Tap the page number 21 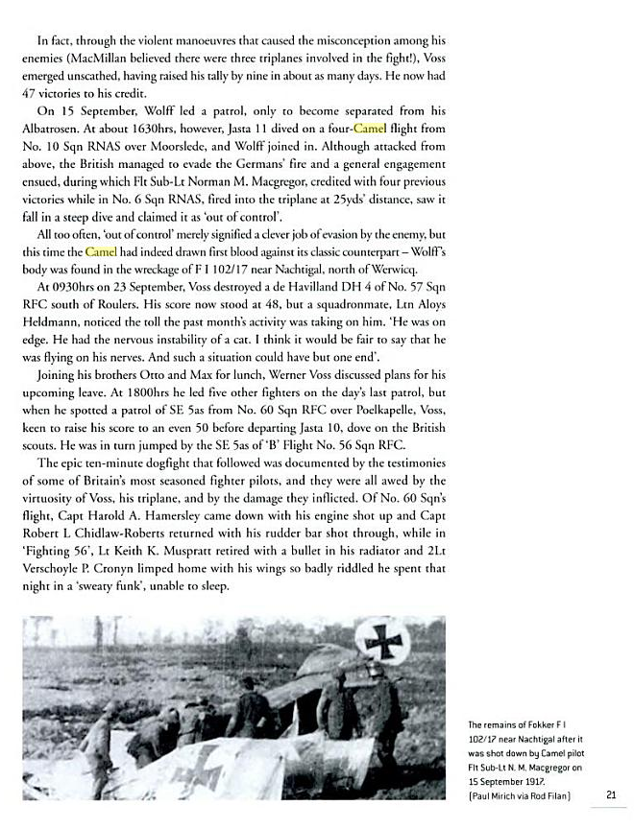[612, 793]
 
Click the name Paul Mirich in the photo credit [502, 795]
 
